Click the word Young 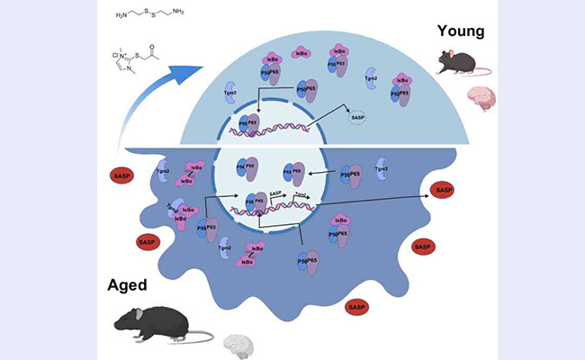tap(461, 31)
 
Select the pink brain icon tap(480, 97)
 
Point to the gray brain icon tap(239, 343)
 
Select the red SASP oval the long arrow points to tap(444, 191)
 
